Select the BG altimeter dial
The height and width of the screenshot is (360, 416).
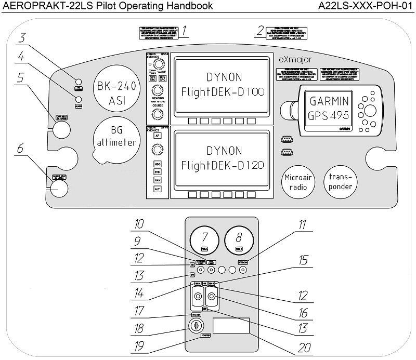(116, 138)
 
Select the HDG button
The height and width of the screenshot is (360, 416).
(158, 164)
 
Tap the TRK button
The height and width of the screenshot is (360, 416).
(158, 171)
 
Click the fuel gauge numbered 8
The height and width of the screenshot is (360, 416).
(239, 241)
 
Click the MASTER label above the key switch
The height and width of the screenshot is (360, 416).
(197, 314)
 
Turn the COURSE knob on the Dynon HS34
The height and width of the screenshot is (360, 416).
(154, 114)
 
